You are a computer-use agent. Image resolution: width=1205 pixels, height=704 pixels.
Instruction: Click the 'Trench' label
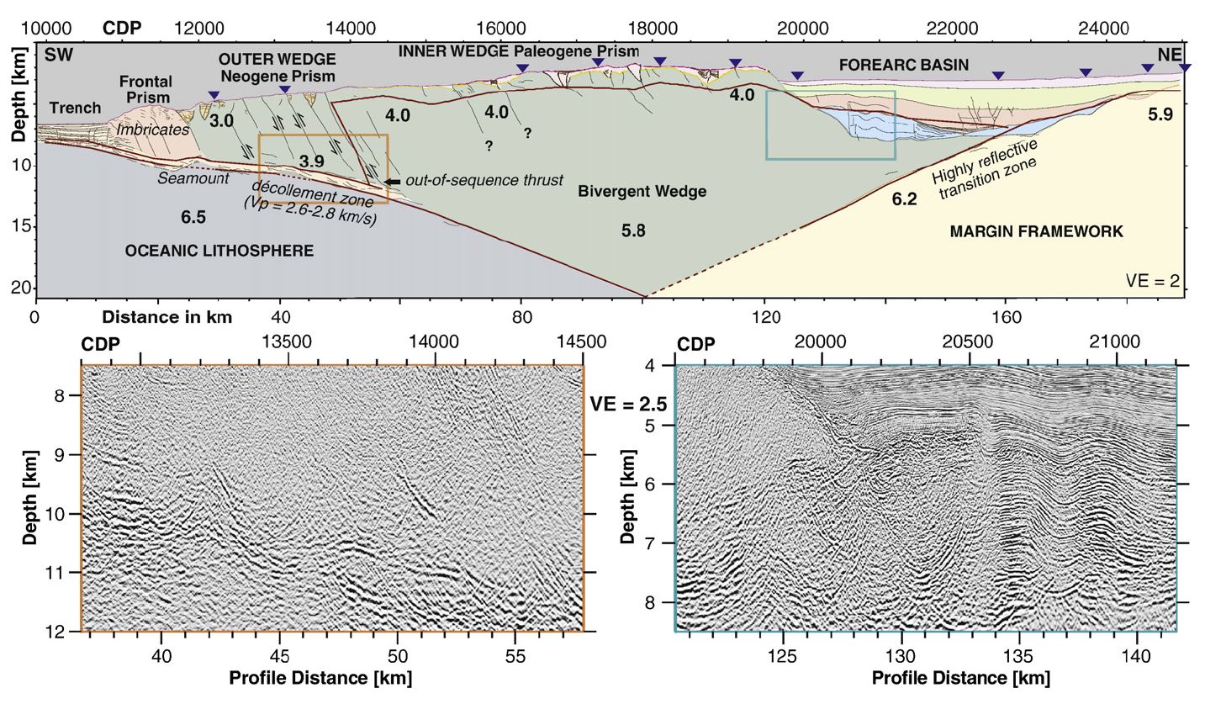coord(75,108)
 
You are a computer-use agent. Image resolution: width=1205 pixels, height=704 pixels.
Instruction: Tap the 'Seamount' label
coord(193,178)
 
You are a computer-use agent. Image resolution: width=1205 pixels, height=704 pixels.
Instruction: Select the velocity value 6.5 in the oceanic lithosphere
coord(193,217)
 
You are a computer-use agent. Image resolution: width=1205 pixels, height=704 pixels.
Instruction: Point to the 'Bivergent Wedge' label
coord(642,191)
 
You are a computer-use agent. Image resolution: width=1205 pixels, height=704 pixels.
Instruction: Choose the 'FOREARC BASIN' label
coord(904,64)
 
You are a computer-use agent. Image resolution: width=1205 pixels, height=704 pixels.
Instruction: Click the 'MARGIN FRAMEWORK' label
coord(1036,231)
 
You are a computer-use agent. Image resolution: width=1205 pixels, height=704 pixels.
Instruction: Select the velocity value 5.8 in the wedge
coord(632,230)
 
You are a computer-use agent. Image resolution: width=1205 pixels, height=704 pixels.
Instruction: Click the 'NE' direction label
coord(1169,55)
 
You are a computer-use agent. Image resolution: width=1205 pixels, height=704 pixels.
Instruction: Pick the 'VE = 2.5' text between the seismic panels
coord(628,404)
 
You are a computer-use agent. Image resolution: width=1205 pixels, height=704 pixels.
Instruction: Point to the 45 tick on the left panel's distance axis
coord(280,655)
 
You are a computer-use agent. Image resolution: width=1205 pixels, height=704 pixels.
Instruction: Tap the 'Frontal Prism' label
coord(145,89)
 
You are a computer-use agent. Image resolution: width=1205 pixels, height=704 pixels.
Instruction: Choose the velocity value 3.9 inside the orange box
coord(312,160)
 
